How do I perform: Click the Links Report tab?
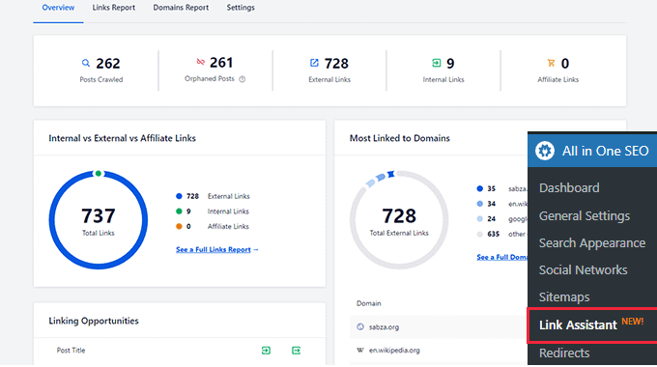(115, 8)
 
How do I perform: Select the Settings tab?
(242, 8)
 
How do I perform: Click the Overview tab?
(58, 8)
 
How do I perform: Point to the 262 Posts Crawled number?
(107, 64)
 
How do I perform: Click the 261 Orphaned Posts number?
(221, 64)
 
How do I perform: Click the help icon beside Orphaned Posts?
(243, 79)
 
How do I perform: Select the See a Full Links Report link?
(217, 249)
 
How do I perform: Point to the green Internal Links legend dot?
(180, 211)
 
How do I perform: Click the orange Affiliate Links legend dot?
(180, 226)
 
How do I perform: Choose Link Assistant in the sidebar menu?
(578, 325)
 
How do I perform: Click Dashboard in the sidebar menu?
(569, 187)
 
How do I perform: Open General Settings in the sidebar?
(584, 215)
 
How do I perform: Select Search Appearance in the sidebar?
(591, 242)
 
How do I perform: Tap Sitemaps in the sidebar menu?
(564, 297)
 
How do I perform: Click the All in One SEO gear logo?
(546, 151)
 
